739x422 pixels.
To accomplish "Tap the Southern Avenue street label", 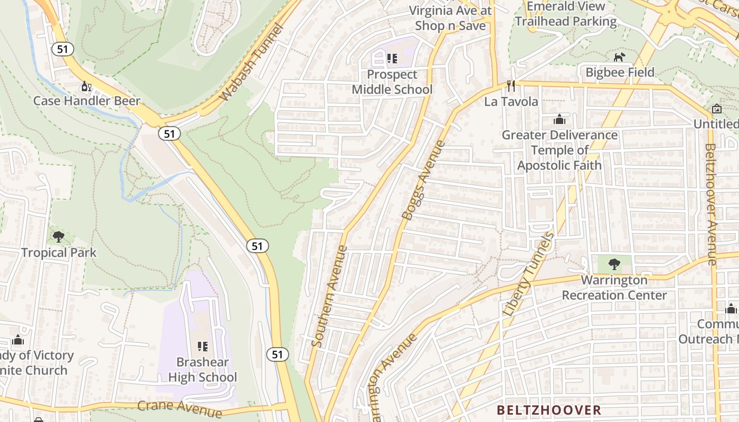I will tap(329, 296).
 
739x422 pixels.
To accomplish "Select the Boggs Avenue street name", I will tap(424, 180).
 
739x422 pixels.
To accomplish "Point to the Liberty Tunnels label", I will tap(528, 275).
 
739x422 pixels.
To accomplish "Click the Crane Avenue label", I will tap(179, 408).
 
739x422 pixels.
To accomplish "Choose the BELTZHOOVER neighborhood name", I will tap(549, 410).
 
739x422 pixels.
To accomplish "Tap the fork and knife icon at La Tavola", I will tap(510, 85).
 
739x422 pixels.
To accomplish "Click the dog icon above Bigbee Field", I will tap(619, 56).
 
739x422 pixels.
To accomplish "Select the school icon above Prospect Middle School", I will tap(392, 58).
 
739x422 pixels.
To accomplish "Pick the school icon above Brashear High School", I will tap(202, 346).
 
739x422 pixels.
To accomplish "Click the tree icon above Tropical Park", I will tap(59, 236).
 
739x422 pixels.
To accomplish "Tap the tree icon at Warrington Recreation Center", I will tap(614, 264).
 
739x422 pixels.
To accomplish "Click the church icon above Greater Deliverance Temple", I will tap(560, 119).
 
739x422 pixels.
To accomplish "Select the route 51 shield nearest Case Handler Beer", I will tap(62, 49).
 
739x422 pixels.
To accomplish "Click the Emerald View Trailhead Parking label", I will tap(566, 14).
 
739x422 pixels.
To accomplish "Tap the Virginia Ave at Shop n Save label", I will tap(450, 17).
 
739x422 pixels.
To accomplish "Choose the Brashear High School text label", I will tap(203, 370).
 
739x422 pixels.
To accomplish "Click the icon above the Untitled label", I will tap(716, 109).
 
